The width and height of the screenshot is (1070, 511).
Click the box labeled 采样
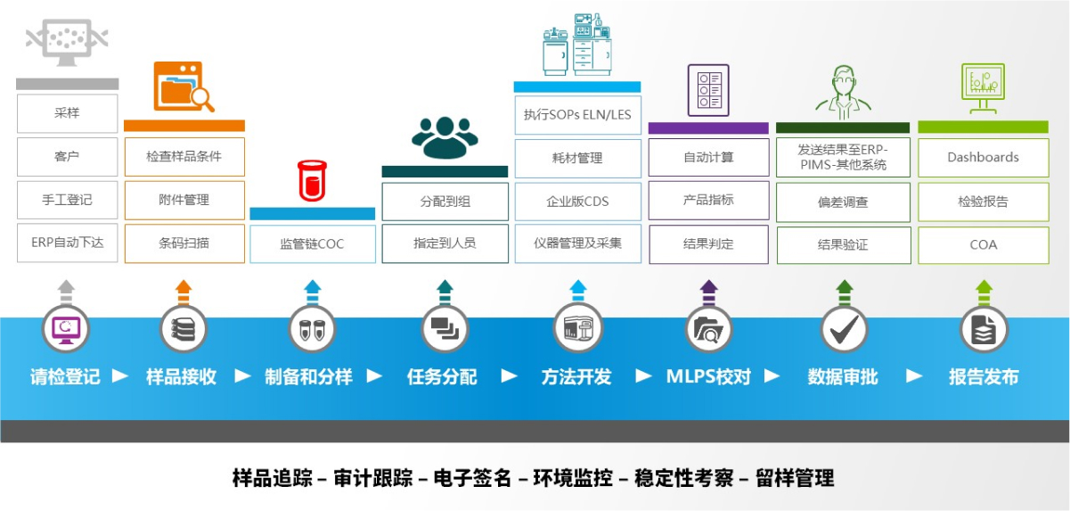coord(67,114)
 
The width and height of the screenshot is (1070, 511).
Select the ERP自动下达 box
coord(67,243)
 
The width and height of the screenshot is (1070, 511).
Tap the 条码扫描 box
coord(184,243)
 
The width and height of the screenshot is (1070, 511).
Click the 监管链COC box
coord(312,243)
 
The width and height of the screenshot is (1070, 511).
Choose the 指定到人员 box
coord(445,243)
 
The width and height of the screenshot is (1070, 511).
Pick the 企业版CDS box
coord(577,201)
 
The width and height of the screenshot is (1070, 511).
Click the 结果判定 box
coord(708,243)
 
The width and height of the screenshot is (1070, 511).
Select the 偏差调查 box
coord(843,202)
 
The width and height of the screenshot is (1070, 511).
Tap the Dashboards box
coord(983,157)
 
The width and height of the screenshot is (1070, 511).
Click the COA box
coord(983,244)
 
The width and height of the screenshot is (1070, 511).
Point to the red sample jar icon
coord(311,180)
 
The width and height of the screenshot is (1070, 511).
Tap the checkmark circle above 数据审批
coord(843,329)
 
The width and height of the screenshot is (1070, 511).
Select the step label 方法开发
coord(576,376)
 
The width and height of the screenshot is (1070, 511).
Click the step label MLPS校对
coord(708,376)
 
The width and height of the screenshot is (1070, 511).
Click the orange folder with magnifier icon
coord(184,87)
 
